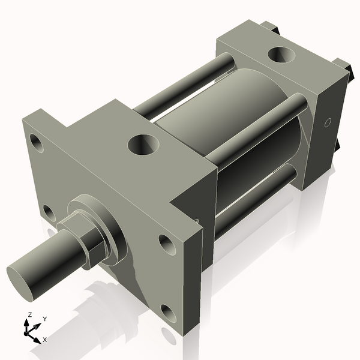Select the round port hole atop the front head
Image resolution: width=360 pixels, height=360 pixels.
click(x=144, y=144)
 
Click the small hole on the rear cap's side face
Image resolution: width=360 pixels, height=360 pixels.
click(x=327, y=123)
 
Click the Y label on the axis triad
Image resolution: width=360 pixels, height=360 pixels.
click(x=45, y=319)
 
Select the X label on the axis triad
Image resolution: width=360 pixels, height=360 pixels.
click(x=45, y=340)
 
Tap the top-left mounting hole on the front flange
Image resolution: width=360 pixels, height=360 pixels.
click(x=37, y=143)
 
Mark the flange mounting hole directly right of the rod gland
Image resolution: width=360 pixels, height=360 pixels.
click(x=165, y=242)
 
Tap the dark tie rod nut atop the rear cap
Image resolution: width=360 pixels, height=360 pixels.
click(x=272, y=27)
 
